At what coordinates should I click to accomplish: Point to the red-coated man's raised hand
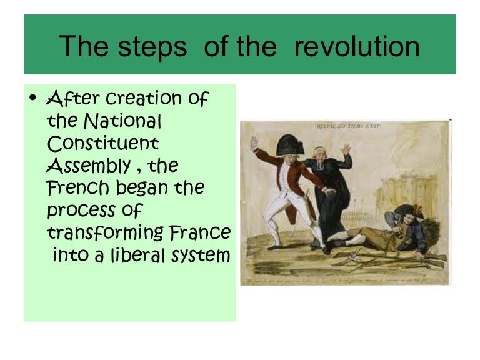pos(253,142)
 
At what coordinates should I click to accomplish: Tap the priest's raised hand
pos(346,149)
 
